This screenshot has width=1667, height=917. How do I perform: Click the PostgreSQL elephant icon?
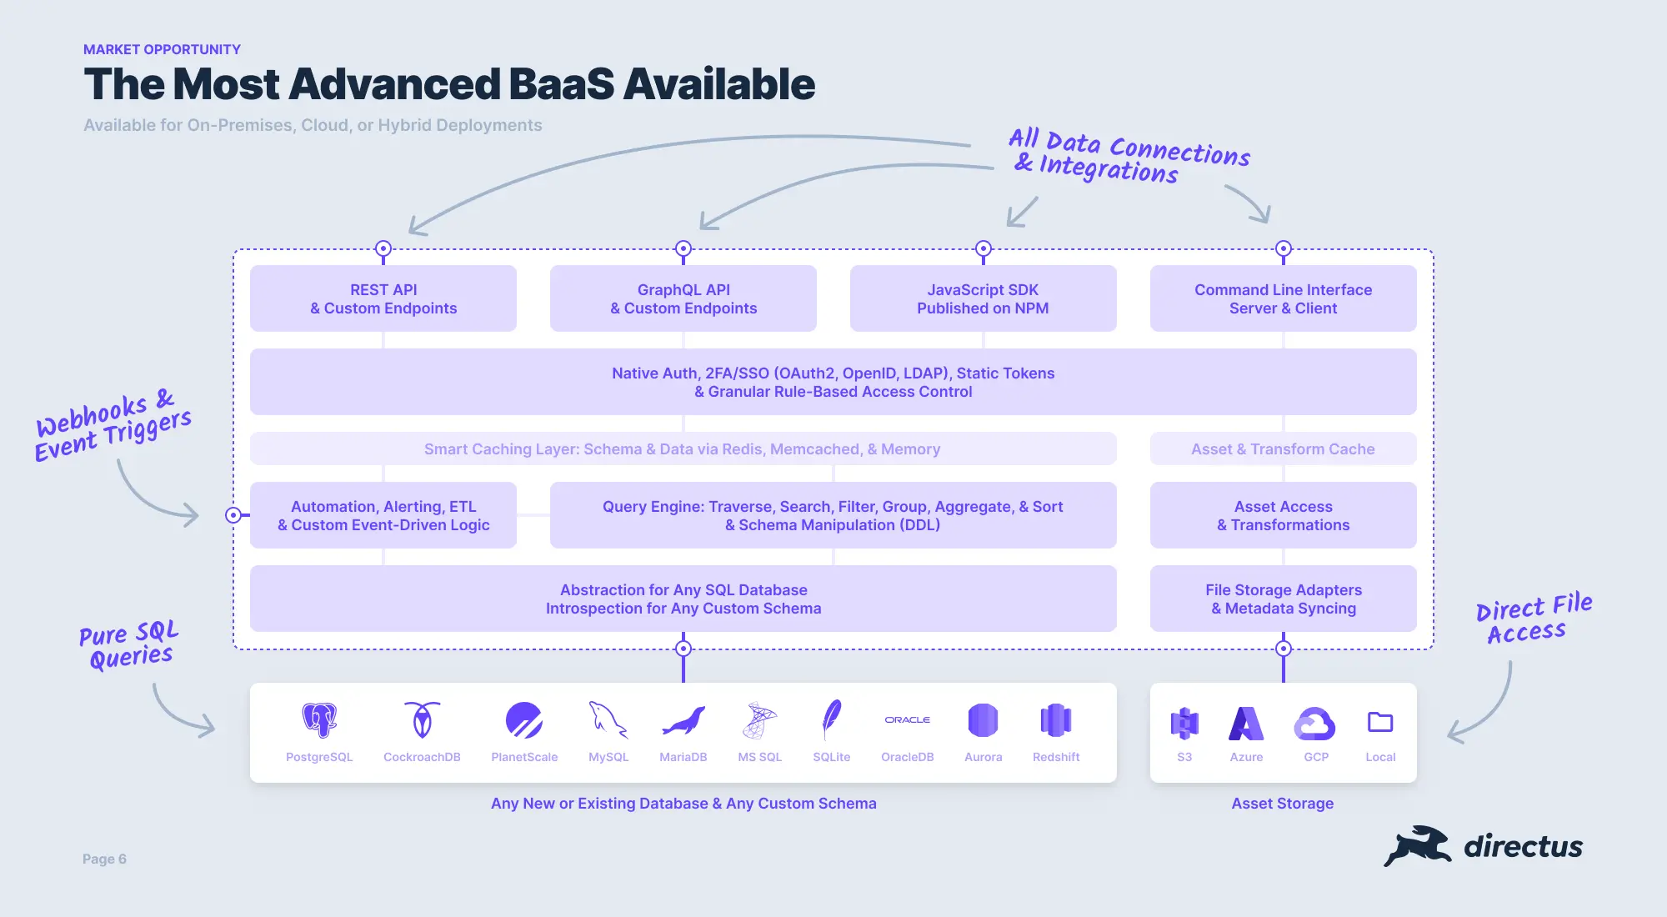tap(319, 720)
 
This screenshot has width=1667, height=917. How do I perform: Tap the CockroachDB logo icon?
tap(423, 720)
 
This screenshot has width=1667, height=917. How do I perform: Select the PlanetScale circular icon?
tap(524, 720)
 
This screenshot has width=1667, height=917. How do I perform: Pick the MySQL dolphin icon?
tap(608, 720)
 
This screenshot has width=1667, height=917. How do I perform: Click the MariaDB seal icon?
tap(683, 722)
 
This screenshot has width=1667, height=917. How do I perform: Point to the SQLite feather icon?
tap(832, 720)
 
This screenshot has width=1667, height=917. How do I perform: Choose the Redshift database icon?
tap(1056, 720)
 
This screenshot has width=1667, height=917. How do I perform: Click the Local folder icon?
tap(1380, 722)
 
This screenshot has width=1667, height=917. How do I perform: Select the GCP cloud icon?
tap(1315, 724)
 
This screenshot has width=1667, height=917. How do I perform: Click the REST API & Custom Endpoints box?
tap(383, 298)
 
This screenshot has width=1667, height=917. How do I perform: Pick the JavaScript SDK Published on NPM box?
tap(984, 298)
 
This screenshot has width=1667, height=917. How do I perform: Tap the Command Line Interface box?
tap(1284, 298)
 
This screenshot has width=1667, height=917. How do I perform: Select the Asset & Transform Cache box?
tap(1284, 448)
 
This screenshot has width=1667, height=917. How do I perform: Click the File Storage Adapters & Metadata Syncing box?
tap(1284, 599)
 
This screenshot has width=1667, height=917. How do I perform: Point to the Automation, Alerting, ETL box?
tap(383, 515)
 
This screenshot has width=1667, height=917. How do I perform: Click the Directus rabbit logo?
tap(1417, 846)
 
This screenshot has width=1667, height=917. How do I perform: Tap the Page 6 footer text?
tap(104, 859)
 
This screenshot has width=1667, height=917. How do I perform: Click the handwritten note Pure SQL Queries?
tap(129, 644)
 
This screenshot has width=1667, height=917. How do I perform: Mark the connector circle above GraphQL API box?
tap(683, 248)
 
